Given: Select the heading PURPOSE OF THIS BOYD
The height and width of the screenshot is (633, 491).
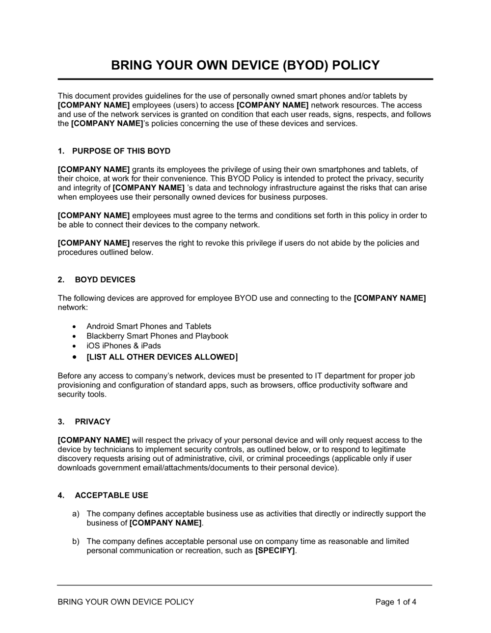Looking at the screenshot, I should tap(121, 151).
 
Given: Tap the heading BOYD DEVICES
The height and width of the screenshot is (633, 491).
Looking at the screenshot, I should tap(105, 280).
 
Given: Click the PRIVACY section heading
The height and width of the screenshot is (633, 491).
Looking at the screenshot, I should tap(93, 422).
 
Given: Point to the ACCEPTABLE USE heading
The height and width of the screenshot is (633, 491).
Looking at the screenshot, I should tap(111, 496).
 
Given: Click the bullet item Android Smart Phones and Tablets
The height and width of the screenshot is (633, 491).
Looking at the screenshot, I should tap(149, 326).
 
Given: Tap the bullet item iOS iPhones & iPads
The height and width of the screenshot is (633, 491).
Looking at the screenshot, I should tap(124, 345).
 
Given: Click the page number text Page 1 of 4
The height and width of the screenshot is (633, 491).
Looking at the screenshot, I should tap(396, 602).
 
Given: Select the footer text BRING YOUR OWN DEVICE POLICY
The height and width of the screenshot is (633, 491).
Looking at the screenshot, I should tap(126, 602).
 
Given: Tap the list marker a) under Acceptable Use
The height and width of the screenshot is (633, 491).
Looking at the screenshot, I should tap(76, 514).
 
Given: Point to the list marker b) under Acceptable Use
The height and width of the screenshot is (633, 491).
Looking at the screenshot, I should tap(76, 541).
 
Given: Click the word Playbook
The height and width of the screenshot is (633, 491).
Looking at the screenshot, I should tap(212, 336).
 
